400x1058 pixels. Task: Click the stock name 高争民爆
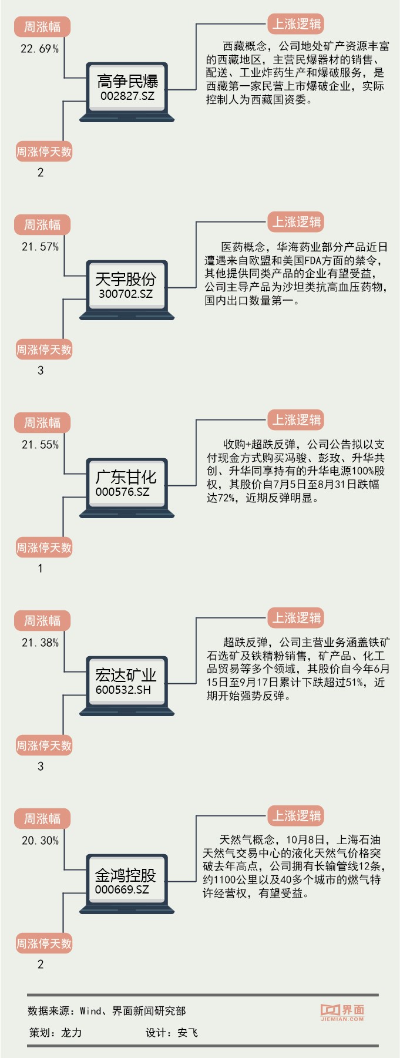click(x=127, y=80)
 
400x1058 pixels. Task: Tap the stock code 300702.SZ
click(x=126, y=293)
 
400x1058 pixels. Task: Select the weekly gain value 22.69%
click(x=39, y=49)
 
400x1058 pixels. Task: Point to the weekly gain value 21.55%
click(x=40, y=445)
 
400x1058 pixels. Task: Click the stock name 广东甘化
click(x=126, y=476)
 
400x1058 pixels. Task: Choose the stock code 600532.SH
click(x=123, y=689)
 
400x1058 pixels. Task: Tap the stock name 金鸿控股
click(x=126, y=875)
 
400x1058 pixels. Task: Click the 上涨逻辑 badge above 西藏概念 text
click(x=296, y=24)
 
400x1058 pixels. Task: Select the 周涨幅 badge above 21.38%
click(x=42, y=620)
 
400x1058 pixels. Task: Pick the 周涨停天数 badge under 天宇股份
click(x=43, y=350)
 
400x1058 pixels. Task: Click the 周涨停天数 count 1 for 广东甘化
click(x=40, y=568)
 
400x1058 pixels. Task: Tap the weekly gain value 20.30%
click(x=40, y=841)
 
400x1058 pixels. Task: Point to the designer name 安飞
click(x=187, y=1032)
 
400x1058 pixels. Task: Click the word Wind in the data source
click(x=90, y=1010)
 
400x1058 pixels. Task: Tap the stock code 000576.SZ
click(x=122, y=491)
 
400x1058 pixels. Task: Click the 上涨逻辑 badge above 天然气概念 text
click(x=296, y=816)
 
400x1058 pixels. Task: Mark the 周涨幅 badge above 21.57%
click(x=42, y=224)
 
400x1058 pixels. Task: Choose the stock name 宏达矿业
click(x=126, y=674)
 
